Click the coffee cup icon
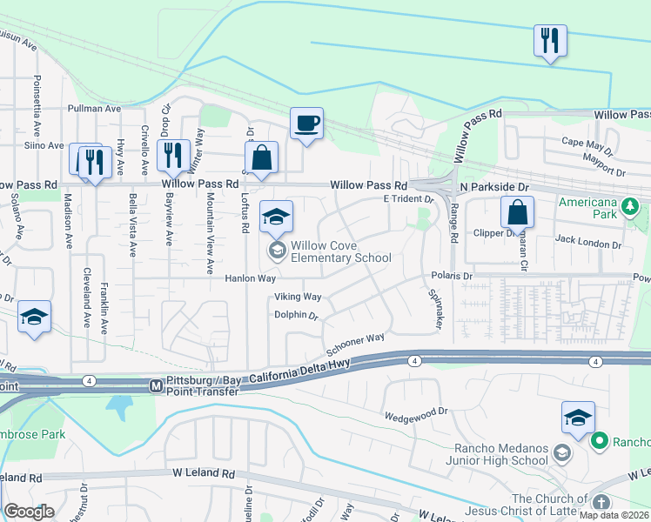306,124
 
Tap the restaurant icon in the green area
550,41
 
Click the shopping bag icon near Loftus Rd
261,159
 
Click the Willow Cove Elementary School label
341,251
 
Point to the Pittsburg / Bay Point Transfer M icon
156,385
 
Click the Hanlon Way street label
251,278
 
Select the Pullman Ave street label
94,109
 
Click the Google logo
30,511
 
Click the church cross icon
601,503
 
